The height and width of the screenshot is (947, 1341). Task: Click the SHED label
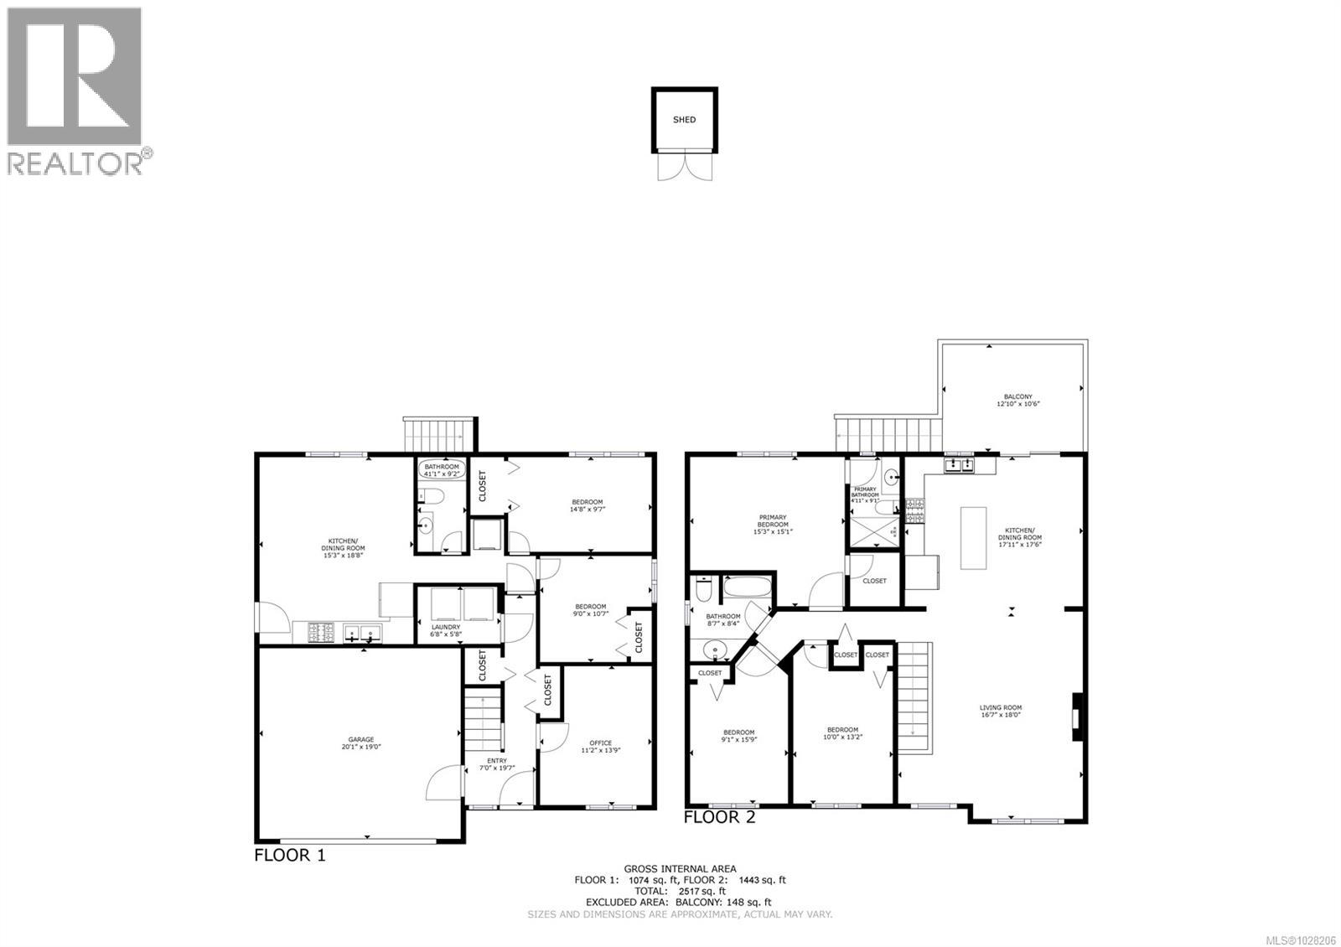pyautogui.click(x=684, y=120)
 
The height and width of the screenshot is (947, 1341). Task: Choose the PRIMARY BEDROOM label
pyautogui.click(x=773, y=526)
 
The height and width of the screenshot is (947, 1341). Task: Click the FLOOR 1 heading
pyautogui.click(x=289, y=856)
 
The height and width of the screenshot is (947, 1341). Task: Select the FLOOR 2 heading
pyautogui.click(x=720, y=817)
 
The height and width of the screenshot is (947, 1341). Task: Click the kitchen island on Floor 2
pyautogui.click(x=973, y=538)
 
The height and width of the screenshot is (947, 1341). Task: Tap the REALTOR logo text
pyautogui.click(x=75, y=163)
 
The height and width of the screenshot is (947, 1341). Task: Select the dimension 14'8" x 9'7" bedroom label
pyautogui.click(x=586, y=505)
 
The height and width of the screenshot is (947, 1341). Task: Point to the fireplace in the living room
pyautogui.click(x=1075, y=717)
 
